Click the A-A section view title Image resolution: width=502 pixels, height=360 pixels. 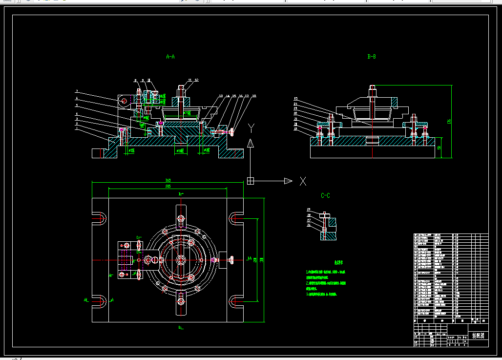click(170, 57)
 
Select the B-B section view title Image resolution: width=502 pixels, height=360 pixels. click(372, 57)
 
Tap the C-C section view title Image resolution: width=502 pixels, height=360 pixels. click(325, 196)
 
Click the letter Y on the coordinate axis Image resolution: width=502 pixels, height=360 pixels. click(251, 128)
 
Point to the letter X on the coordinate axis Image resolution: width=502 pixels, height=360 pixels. click(303, 181)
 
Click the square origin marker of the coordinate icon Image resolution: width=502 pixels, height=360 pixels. click(251, 181)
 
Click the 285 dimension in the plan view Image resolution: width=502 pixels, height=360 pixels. click(168, 186)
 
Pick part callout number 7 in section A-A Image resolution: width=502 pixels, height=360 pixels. click(77, 91)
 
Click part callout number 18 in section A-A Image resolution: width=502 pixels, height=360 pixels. click(253, 96)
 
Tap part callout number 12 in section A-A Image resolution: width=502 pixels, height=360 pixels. click(196, 80)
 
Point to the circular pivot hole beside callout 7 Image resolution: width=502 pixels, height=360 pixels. click(124, 101)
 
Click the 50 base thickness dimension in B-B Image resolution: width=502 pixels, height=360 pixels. click(439, 148)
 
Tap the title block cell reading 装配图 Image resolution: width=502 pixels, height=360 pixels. click(478, 336)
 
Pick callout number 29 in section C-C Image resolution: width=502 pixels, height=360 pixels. click(309, 210)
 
